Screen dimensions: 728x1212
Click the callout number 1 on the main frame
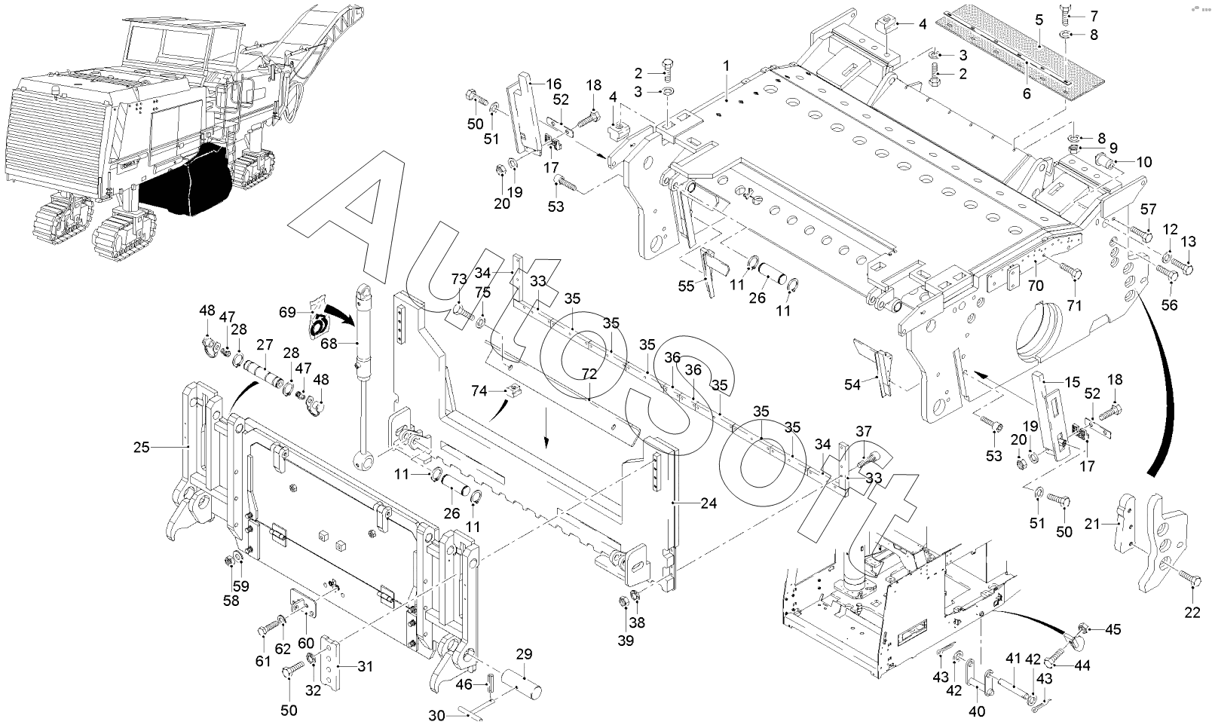726,66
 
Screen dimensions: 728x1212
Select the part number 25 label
142,448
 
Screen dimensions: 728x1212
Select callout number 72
589,373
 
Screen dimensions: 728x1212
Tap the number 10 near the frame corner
1144,162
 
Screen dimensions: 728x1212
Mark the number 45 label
1113,629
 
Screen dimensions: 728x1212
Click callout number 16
554,84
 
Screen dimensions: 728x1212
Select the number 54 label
852,385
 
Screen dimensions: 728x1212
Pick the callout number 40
976,711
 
